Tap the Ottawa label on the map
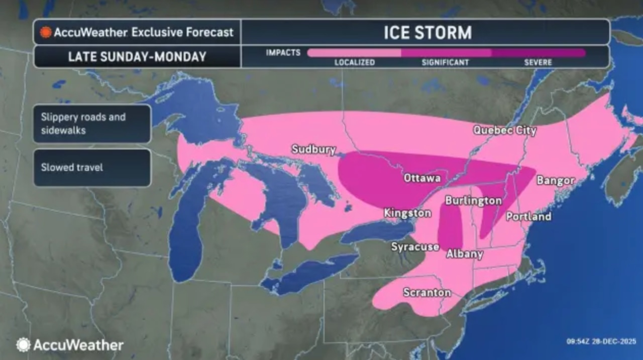422,178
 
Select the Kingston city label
407,213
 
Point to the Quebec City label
505,131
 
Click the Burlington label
473,201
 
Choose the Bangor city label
556,181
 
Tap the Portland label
528,216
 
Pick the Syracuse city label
415,247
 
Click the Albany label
465,254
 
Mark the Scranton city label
427,293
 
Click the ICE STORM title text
427,33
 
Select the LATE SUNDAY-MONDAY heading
137,57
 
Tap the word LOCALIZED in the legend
355,63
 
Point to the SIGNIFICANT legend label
445,63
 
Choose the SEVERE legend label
538,63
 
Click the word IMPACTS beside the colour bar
283,53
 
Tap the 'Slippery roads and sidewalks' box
92,124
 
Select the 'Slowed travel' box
92,167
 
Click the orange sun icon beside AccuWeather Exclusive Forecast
46,32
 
